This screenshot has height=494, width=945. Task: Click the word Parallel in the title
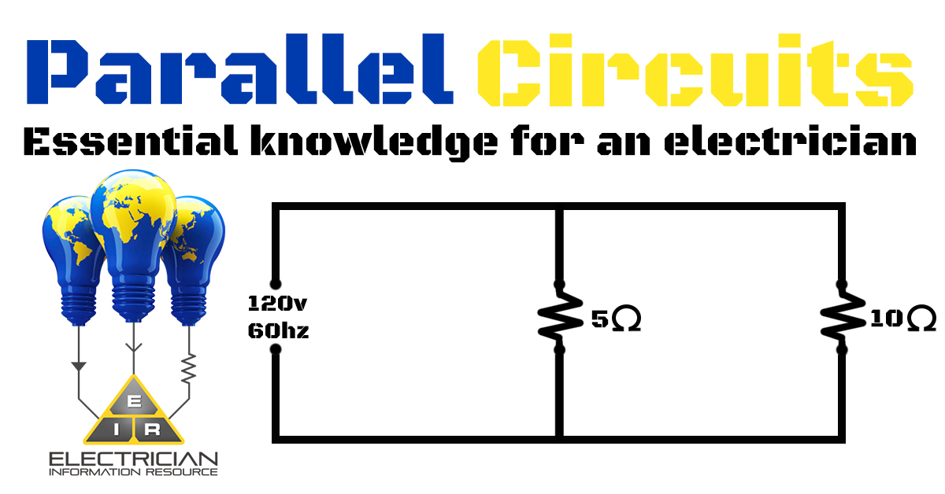tap(239, 73)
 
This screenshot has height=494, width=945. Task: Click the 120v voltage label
tap(274, 303)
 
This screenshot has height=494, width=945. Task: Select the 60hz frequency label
tap(278, 331)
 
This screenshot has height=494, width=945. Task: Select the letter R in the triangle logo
tap(154, 429)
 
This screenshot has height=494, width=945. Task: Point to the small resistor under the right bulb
tap(188, 368)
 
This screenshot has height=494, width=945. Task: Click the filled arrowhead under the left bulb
tap(78, 366)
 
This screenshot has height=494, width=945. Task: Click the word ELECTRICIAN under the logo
tap(133, 459)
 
